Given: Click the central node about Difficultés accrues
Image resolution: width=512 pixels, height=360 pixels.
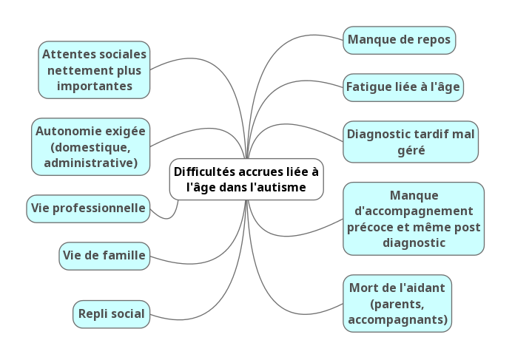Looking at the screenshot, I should tap(246, 179).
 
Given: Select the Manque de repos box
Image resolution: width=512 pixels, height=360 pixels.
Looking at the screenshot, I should tap(399, 40).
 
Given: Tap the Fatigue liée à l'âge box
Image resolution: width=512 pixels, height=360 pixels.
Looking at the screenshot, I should tap(402, 86).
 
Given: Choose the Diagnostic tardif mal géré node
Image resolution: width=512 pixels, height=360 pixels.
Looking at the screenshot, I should tap(411, 142).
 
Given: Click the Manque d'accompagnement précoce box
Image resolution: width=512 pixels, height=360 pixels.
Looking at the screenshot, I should tap(414, 219).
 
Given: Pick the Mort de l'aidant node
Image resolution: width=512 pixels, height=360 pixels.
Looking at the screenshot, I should tap(397, 303).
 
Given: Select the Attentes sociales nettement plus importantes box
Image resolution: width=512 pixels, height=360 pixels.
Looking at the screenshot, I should tap(94, 70).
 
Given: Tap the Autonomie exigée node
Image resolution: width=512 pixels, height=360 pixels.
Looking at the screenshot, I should tap(90, 146).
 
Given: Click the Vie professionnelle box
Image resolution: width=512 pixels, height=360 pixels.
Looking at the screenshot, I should tap(87, 208).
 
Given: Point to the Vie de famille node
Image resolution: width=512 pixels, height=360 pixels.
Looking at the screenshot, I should tap(104, 256).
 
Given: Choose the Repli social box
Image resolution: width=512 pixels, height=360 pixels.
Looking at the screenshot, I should tap(111, 313).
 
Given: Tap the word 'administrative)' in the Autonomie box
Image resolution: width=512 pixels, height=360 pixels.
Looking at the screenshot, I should tap(91, 163).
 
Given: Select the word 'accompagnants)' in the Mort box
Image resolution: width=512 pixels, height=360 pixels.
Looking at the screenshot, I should tap(397, 319).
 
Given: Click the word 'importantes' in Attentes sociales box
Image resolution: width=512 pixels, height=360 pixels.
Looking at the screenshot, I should tap(94, 86).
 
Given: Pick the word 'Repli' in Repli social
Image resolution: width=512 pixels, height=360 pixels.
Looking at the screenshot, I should tap(94, 313).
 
